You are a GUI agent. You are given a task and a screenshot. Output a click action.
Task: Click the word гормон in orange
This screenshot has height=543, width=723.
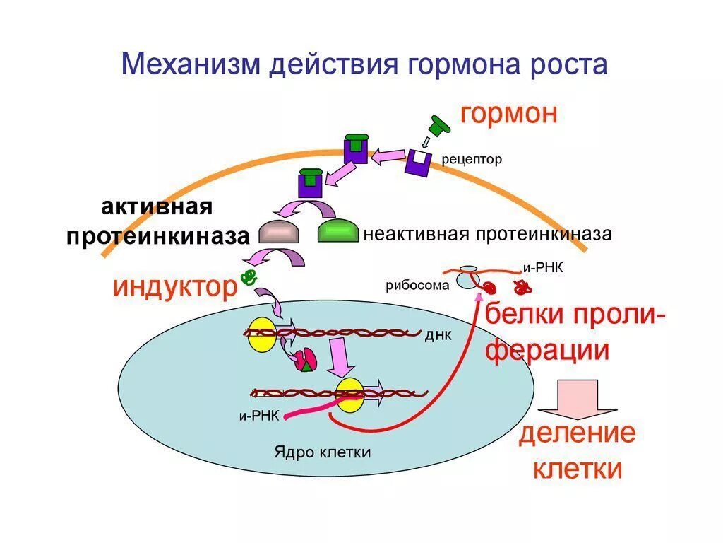[x=509, y=114]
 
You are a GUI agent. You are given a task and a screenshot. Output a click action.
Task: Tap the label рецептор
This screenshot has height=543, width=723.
[x=472, y=160]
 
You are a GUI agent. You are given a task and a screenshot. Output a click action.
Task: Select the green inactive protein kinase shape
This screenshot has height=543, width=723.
[x=337, y=231]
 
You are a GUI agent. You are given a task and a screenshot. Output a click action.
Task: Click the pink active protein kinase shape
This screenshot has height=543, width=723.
[x=280, y=231]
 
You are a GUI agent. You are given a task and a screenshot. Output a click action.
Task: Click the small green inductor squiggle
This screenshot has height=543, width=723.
[x=248, y=276]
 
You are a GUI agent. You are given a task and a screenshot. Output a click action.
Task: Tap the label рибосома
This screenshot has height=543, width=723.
[x=417, y=286]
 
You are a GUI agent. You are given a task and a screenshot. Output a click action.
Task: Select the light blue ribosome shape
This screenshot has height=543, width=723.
[x=466, y=278]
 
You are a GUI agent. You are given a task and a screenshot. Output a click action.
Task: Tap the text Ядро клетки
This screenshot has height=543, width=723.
[x=323, y=452]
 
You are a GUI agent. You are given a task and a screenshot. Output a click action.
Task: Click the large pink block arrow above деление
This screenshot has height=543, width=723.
[x=578, y=399]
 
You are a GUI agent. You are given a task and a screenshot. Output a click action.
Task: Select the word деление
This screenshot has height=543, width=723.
[x=577, y=433]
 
